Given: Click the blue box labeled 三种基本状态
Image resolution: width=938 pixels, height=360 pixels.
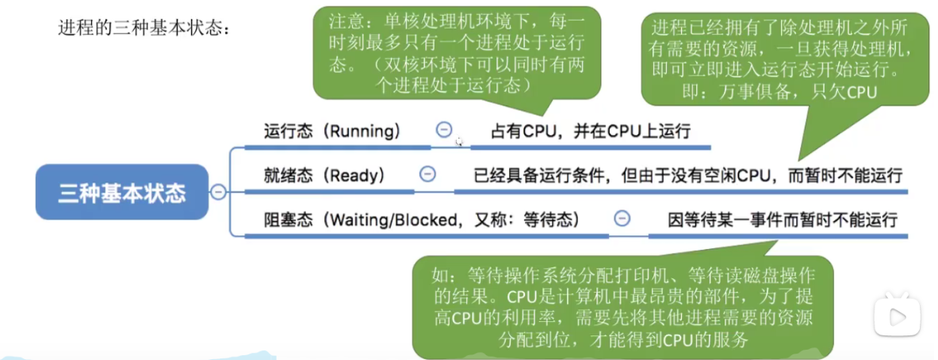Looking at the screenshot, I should (x=121, y=193).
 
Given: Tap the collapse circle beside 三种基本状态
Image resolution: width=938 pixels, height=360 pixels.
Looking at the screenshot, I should (x=216, y=192).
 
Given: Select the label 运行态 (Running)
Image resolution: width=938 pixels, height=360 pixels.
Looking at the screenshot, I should (x=331, y=131).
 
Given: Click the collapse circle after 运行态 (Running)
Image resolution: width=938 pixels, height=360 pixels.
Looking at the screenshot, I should (x=444, y=130).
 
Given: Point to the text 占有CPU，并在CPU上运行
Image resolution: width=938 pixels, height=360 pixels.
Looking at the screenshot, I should (x=591, y=131).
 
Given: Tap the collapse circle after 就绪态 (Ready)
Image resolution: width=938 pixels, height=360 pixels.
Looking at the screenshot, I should (x=427, y=174).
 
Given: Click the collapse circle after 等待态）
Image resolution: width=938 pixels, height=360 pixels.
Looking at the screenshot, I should (x=622, y=218).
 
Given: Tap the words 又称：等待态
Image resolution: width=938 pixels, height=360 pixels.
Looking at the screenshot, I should (x=535, y=219).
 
